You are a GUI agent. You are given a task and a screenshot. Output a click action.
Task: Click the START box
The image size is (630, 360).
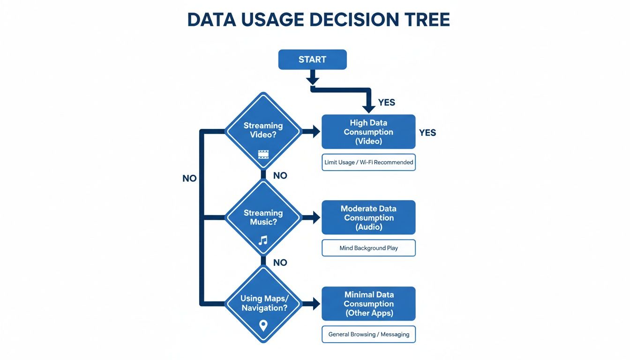click(312, 60)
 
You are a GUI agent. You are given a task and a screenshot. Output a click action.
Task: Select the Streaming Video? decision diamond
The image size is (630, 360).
click(263, 131)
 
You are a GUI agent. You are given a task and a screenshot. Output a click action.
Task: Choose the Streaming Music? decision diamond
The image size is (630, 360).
click(263, 218)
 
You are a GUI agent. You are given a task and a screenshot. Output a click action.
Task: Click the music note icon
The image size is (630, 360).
click(263, 240)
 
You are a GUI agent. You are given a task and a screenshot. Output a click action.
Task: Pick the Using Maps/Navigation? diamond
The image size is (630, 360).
click(263, 304)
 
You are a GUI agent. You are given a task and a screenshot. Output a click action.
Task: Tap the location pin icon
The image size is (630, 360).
click(263, 325)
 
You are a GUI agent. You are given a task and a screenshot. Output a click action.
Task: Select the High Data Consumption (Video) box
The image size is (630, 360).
click(368, 132)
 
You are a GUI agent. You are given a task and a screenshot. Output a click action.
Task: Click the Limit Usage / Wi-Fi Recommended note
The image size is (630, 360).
click(368, 162)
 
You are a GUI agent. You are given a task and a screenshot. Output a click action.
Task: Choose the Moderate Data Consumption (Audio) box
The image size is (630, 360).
click(368, 217)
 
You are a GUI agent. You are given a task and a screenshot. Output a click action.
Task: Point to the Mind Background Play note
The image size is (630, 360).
click(368, 248)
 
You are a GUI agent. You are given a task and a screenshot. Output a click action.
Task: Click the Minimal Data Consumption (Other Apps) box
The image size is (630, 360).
click(368, 304)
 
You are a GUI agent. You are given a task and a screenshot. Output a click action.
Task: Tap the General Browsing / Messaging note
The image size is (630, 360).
click(368, 334)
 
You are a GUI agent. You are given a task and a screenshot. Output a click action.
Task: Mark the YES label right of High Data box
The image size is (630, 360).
click(427, 133)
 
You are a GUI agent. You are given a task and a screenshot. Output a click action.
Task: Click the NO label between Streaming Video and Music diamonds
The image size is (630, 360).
click(280, 176)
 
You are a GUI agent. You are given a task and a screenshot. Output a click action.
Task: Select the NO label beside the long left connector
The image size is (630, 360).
click(189, 179)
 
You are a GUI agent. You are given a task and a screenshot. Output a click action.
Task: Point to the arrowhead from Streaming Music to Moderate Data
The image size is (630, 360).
click(315, 217)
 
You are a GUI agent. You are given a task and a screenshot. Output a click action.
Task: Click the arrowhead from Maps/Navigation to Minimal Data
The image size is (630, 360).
click(315, 304)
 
